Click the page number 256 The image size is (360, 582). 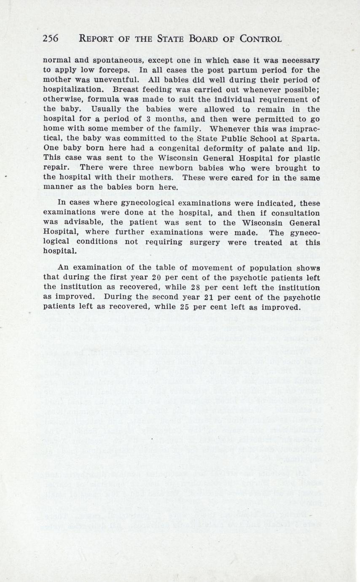pyautogui.click(x=51, y=39)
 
